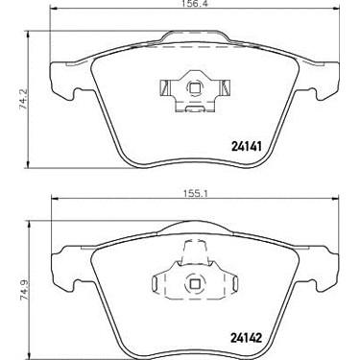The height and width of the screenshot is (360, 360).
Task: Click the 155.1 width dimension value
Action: [x=195, y=194]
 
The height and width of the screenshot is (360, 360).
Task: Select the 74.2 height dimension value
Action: [x=24, y=99]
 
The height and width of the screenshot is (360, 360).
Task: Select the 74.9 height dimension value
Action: [x=24, y=289]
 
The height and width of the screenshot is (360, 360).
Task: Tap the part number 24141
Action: [x=247, y=147]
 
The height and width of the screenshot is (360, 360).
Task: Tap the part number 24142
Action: [x=247, y=338]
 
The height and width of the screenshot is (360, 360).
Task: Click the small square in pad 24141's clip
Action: [x=194, y=87]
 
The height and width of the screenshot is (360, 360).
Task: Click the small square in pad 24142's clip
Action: [x=194, y=283]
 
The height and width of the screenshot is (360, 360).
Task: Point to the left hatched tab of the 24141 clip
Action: [x=164, y=87]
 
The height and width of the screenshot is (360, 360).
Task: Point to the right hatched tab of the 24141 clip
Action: [x=225, y=87]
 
